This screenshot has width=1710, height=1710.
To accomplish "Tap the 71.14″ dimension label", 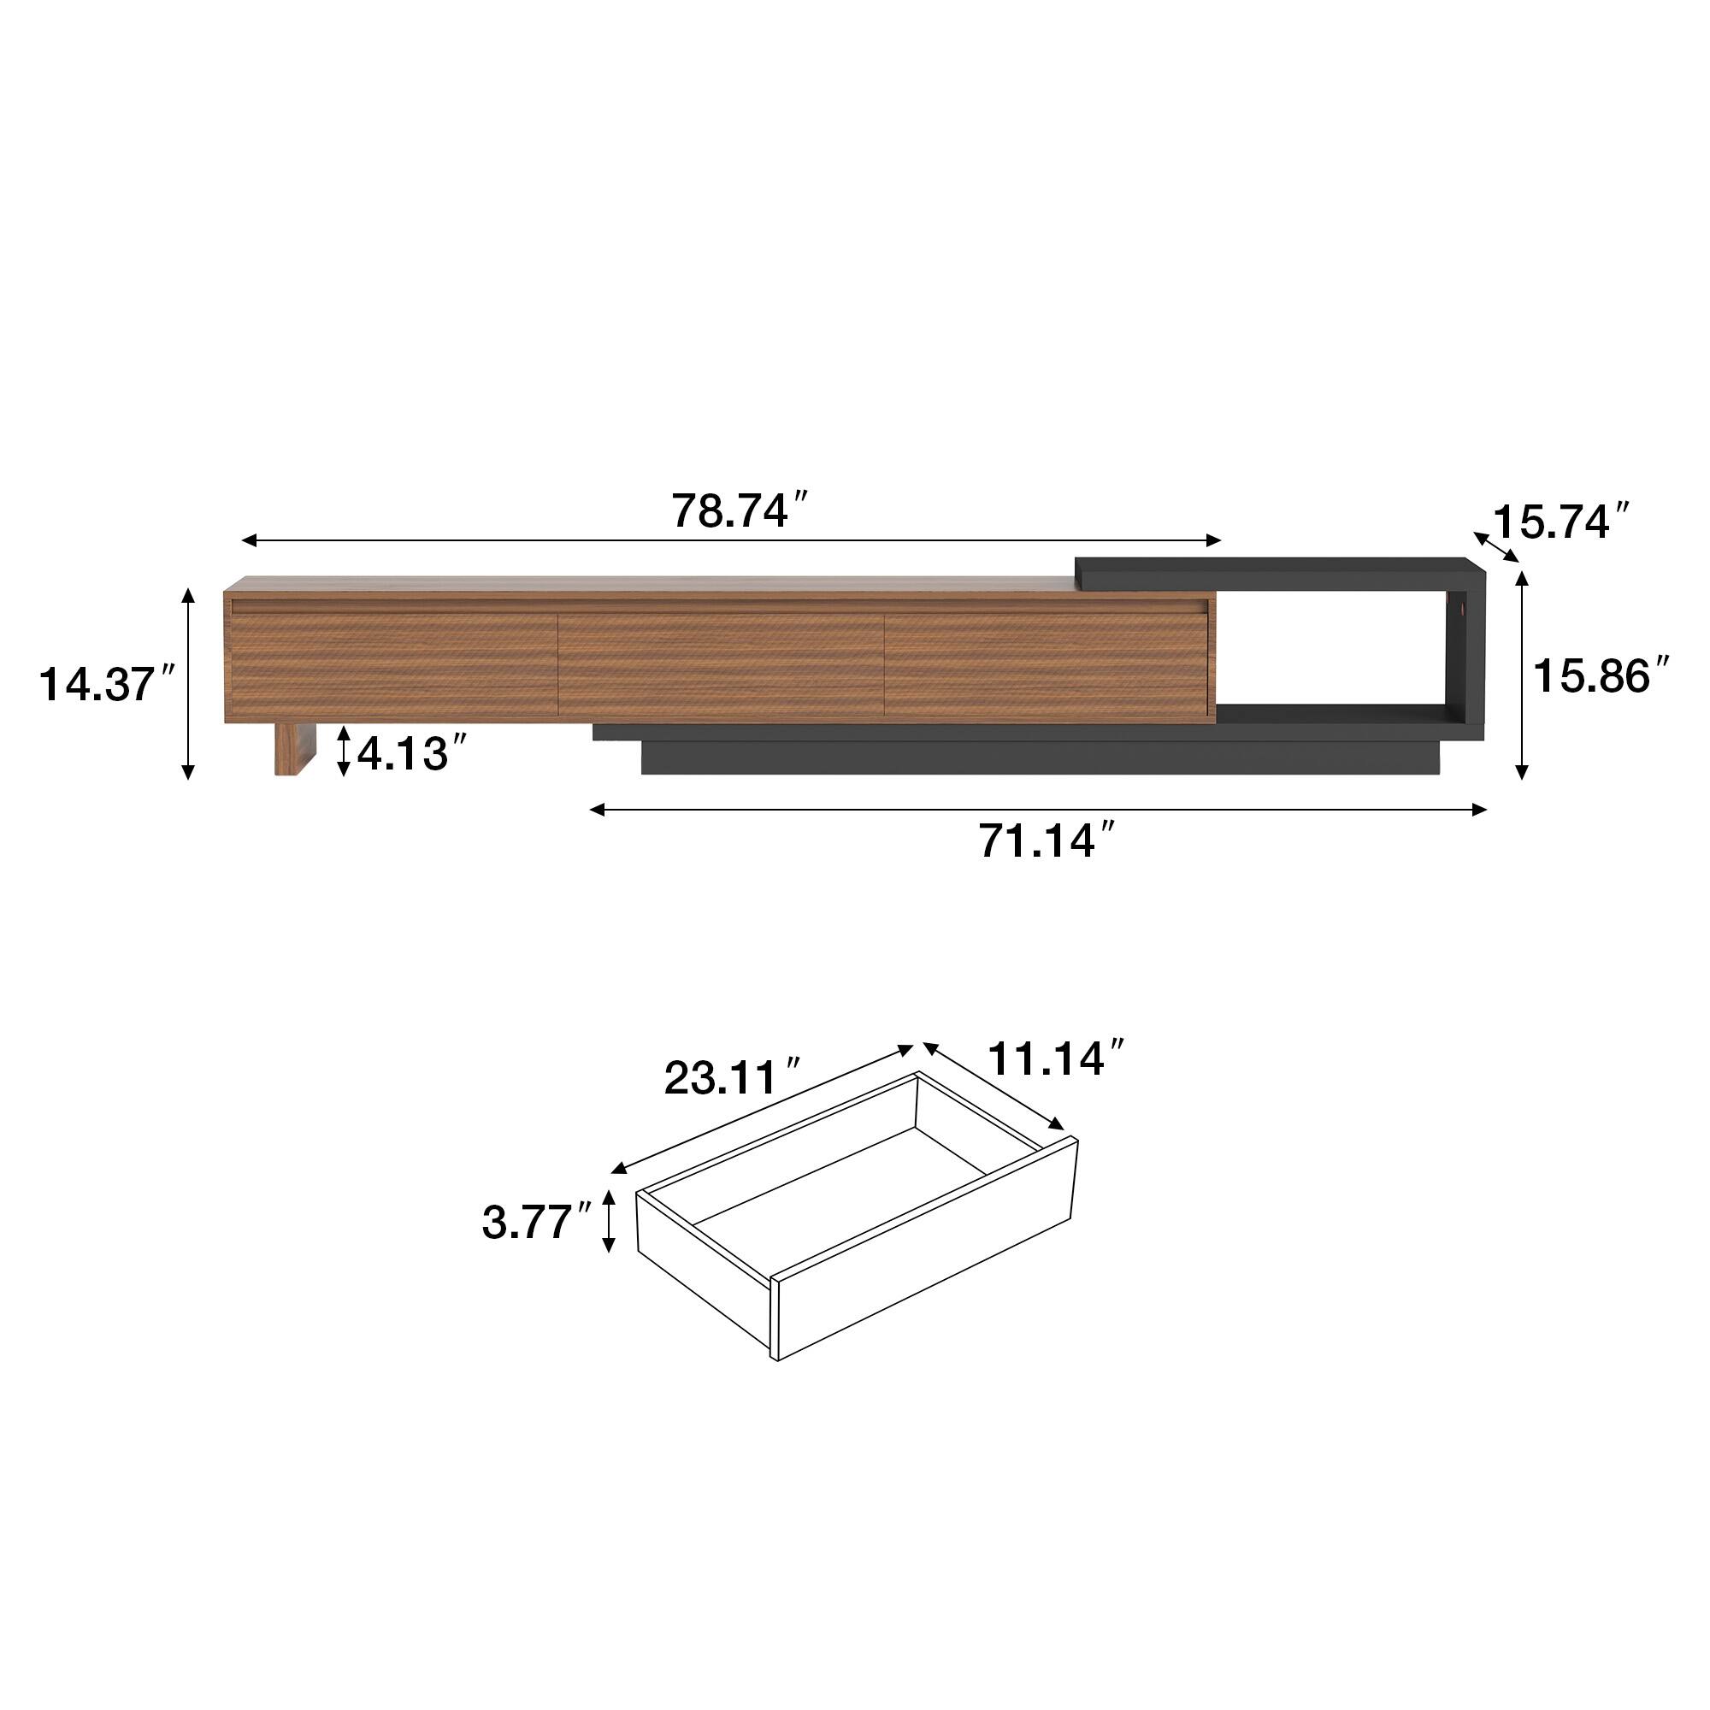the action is [1047, 840].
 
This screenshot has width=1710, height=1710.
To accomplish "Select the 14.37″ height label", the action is [107, 684].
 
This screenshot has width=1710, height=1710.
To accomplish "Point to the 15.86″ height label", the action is [1602, 676].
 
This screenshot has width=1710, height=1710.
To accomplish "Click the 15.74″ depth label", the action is [1562, 522].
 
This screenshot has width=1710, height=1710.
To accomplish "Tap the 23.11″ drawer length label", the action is [733, 1077].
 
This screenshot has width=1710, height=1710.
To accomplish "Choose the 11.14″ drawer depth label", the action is [1055, 1058].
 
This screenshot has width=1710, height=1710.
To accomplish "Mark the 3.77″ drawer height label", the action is [536, 1223].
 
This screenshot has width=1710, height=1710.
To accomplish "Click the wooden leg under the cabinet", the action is [296, 749].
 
